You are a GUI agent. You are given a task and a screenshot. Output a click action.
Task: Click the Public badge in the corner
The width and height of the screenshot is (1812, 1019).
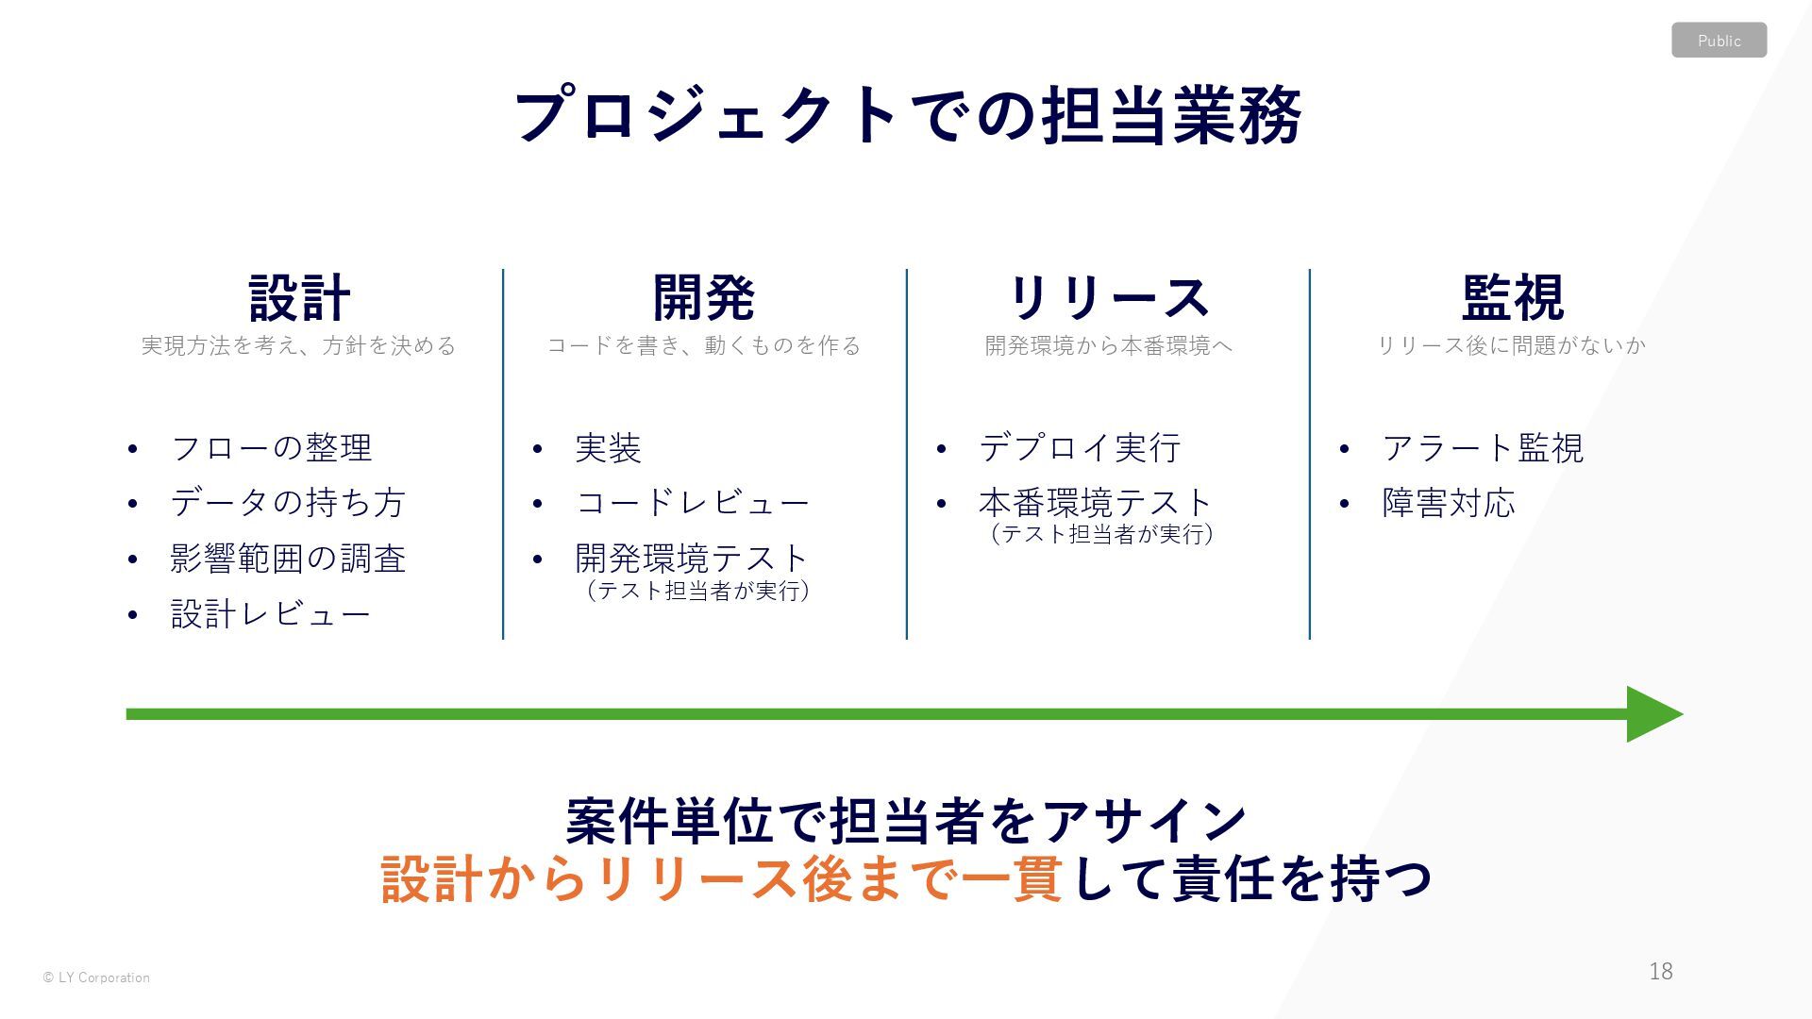1719,41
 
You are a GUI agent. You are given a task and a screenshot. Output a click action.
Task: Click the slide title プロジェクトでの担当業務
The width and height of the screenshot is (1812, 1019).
907,115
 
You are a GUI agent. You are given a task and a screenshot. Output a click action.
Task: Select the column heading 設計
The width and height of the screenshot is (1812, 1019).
299,298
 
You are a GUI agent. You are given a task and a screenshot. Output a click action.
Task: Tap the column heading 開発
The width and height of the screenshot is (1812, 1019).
704,298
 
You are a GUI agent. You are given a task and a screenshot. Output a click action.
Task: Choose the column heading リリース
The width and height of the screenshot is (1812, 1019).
1108,298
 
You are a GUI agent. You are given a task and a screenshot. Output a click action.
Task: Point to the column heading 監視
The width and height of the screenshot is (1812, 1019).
1512,298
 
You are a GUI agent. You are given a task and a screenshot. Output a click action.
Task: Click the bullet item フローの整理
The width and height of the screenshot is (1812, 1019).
272,448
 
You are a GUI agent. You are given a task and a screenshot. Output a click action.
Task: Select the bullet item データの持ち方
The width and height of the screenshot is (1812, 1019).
288,503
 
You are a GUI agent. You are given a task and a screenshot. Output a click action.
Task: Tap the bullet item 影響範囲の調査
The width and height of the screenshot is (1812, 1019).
288,559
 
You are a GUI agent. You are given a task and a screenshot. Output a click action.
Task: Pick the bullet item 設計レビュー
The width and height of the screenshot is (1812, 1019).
271,614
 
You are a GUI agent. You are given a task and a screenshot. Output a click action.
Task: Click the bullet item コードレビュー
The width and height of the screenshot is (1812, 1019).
693,503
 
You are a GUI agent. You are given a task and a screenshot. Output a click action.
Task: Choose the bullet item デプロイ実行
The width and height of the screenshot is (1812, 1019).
1080,448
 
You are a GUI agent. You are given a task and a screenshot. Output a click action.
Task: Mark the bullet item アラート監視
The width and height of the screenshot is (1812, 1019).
1483,448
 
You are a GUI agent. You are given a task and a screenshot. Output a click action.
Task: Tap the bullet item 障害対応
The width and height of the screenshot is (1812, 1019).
1449,503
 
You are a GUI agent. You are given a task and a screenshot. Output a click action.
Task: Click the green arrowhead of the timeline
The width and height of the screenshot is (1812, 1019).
1652,714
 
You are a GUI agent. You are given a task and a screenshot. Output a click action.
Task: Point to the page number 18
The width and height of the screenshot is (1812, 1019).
1661,971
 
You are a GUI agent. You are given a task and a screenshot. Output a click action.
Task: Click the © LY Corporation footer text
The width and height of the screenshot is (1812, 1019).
96,977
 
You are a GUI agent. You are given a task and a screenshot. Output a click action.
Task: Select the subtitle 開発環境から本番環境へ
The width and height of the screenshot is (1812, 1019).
1108,346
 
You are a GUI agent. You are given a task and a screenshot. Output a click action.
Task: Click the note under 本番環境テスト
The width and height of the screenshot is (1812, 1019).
1101,534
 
